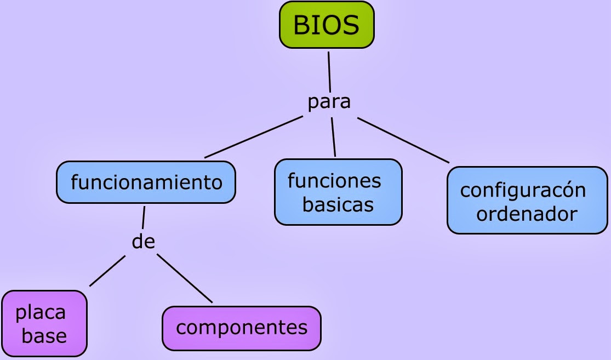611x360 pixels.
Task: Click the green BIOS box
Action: tap(327, 25)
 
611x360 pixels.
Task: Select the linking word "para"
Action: tap(328, 102)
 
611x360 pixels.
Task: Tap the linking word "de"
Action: tap(144, 241)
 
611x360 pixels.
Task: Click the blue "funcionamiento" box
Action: tap(146, 182)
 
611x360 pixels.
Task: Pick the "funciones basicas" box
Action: tap(338, 192)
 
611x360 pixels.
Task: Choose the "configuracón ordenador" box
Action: tap(527, 201)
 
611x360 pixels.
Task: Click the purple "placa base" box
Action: tap(44, 323)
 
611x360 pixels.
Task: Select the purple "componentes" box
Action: tap(241, 328)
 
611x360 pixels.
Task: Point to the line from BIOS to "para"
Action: tap(329, 71)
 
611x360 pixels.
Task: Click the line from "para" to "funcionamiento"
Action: tap(253, 136)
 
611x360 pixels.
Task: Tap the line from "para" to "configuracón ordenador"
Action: tap(403, 140)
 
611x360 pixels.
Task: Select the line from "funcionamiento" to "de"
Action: tap(144, 217)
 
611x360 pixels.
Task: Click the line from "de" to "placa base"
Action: tap(107, 271)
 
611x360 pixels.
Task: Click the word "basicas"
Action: tap(338, 205)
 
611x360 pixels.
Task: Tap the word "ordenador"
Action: tap(527, 214)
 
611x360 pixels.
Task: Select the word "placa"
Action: tap(41, 313)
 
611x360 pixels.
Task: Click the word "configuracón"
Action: tap(523, 190)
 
